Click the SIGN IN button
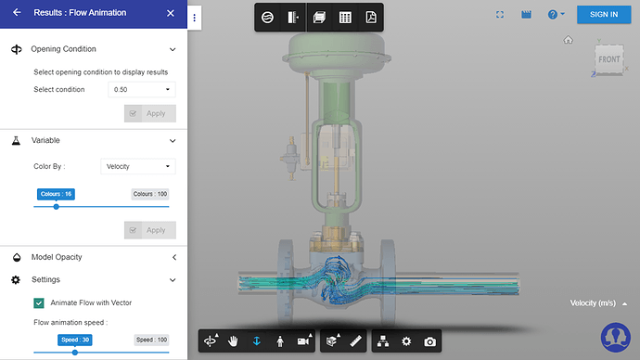coord(604,14)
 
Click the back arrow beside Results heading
coord(16,13)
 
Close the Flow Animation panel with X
coord(170,13)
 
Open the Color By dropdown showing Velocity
coord(137,166)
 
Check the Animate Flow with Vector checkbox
coord(39,302)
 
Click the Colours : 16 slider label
coord(57,194)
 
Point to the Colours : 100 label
coord(149,194)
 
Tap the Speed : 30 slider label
coord(76,340)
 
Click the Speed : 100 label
coord(152,340)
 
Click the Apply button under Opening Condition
coord(149,113)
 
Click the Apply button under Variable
coord(149,230)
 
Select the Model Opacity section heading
coord(57,257)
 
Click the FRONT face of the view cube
coord(608,59)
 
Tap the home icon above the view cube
coord(568,40)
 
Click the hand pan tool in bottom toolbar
coord(234,341)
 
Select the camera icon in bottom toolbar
coord(429,341)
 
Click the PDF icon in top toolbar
coord(370,18)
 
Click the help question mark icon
coord(555,15)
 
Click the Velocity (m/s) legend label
coord(594,302)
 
